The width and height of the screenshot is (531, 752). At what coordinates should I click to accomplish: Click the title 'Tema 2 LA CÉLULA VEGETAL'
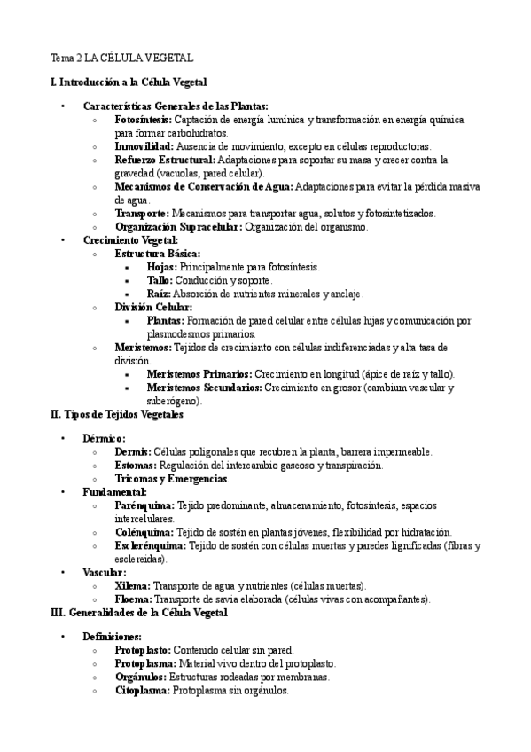121,59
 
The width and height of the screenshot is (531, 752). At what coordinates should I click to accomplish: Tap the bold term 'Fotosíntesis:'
144,119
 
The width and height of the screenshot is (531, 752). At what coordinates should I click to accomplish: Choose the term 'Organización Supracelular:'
178,227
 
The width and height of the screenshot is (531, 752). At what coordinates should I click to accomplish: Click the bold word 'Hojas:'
162,267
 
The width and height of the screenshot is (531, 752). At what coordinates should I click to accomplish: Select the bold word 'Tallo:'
160,280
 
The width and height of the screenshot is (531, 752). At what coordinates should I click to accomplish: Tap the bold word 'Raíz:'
160,294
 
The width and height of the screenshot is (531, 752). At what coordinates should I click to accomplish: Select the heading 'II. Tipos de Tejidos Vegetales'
117,414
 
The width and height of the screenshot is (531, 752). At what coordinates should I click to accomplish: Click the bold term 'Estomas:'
136,465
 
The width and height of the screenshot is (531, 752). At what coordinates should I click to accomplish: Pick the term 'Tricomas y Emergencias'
171,479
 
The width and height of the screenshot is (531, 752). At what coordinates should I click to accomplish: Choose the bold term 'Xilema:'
133,586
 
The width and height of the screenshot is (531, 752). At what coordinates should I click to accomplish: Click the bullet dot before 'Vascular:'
63,573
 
